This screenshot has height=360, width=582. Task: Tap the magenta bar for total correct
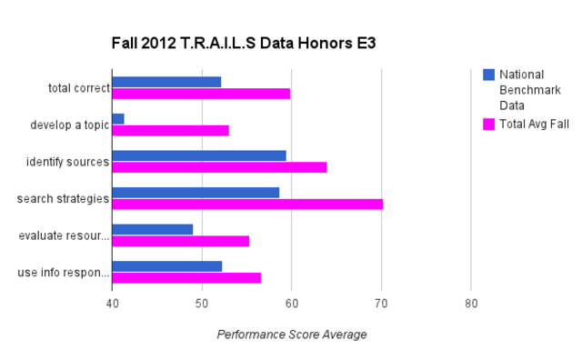click(201, 93)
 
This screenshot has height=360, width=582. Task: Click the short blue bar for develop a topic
click(118, 118)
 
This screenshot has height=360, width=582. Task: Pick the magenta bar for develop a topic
click(170, 130)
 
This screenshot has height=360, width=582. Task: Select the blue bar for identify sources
click(199, 155)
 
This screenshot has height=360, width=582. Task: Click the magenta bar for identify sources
click(219, 166)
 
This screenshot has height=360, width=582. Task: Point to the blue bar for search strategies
click(196, 192)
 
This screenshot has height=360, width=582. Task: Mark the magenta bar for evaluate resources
click(180, 241)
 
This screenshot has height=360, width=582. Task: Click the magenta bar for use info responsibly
click(186, 277)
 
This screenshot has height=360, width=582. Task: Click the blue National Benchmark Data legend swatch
click(488, 75)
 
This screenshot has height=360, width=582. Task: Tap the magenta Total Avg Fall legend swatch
click(488, 123)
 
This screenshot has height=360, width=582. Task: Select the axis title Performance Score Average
click(292, 335)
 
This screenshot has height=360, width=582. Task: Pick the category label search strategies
click(64, 198)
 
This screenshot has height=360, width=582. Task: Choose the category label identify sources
click(67, 162)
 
